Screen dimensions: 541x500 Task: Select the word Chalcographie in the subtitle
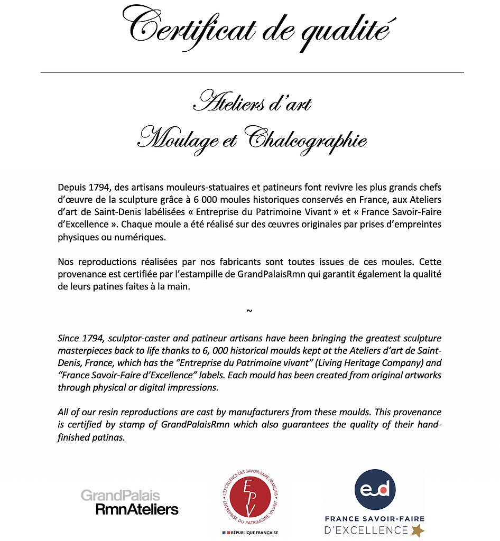coord(307,139)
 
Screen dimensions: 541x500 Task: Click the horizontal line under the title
coord(252,72)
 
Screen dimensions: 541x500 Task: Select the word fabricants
coord(251,262)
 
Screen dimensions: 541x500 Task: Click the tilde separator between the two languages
coord(249,310)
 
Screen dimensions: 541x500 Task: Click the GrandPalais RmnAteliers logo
coord(129,502)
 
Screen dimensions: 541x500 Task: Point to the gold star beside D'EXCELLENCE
coord(418,530)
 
